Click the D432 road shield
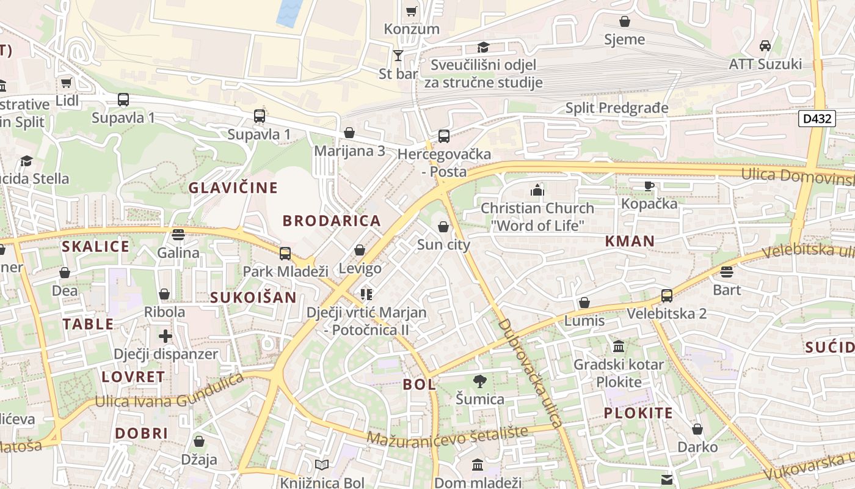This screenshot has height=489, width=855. click(817, 119)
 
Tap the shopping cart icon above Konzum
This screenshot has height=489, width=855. click(411, 11)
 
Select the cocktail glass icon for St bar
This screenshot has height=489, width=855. click(398, 56)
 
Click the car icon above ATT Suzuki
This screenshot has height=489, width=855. click(765, 45)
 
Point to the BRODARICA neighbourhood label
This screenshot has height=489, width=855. click(332, 221)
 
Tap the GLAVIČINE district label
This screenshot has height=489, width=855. click(233, 188)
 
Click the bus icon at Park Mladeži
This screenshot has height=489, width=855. click(285, 253)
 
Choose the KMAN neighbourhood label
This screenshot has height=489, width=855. click(630, 241)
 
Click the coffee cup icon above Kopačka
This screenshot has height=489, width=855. click(649, 186)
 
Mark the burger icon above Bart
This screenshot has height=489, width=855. click(726, 271)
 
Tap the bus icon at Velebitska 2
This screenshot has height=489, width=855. click(666, 296)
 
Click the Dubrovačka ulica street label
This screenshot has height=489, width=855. click(529, 373)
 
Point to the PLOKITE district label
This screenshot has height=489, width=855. click(638, 413)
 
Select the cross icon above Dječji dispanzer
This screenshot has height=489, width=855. click(166, 336)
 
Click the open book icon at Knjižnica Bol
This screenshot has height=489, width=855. click(322, 465)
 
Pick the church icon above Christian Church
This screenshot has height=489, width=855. click(537, 190)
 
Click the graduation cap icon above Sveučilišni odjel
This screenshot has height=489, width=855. click(483, 47)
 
